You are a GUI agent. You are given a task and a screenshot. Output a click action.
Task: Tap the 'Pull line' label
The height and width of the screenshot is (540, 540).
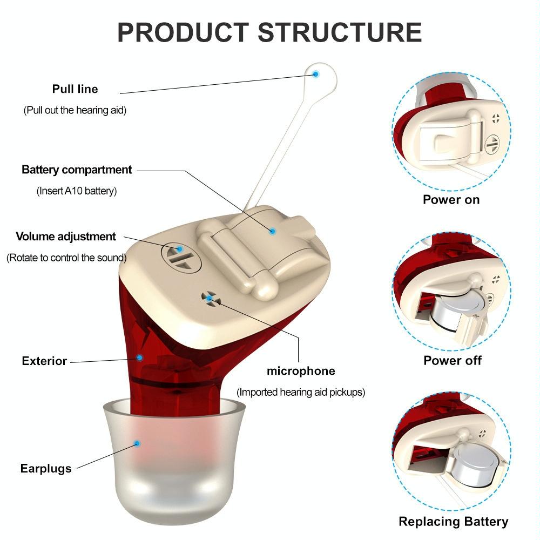click(75, 89)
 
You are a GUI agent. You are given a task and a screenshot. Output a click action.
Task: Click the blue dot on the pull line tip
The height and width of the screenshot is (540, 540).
click(316, 73)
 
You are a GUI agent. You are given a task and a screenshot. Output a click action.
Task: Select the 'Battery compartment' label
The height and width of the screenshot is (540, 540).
click(77, 170)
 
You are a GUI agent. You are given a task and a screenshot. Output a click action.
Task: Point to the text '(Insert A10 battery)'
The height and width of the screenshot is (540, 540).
click(77, 191)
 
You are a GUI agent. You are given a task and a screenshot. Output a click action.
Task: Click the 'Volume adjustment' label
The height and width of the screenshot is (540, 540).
click(66, 237)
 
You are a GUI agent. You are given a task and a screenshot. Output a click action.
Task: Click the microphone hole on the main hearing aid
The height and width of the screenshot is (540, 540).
click(209, 298)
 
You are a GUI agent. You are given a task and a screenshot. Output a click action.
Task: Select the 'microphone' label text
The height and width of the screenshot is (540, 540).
click(301, 371)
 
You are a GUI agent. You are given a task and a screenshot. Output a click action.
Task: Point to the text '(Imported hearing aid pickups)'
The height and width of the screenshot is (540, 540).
click(301, 393)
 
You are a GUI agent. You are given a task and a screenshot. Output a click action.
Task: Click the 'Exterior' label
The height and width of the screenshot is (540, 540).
click(44, 361)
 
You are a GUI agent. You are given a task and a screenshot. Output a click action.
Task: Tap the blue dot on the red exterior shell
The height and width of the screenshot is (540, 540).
click(140, 357)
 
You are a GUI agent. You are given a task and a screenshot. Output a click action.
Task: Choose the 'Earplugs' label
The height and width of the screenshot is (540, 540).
click(46, 468)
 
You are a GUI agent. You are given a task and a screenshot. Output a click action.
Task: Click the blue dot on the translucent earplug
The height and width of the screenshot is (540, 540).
click(138, 443)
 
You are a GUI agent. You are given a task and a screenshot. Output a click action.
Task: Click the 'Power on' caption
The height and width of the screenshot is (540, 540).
click(451, 199)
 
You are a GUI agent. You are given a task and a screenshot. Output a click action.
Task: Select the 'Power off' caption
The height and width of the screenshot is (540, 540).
click(453, 360)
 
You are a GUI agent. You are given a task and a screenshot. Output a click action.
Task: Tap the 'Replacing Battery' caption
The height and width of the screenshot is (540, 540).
click(453, 521)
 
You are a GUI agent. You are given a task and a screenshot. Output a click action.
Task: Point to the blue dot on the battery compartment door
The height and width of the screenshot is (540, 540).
click(273, 231)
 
